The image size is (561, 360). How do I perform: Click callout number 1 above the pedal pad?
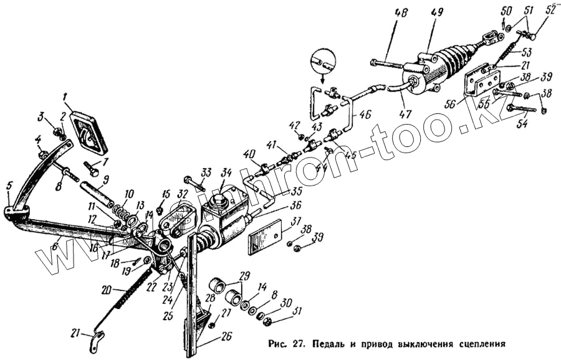[x=65, y=97]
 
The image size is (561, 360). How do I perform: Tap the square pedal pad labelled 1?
[x=89, y=132]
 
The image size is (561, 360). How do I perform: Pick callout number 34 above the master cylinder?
[x=226, y=173]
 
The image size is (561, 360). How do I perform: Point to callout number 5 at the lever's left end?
[x=9, y=186]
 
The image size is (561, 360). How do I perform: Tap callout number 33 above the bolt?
[x=206, y=172]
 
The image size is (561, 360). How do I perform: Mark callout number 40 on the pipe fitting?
[x=249, y=154]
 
